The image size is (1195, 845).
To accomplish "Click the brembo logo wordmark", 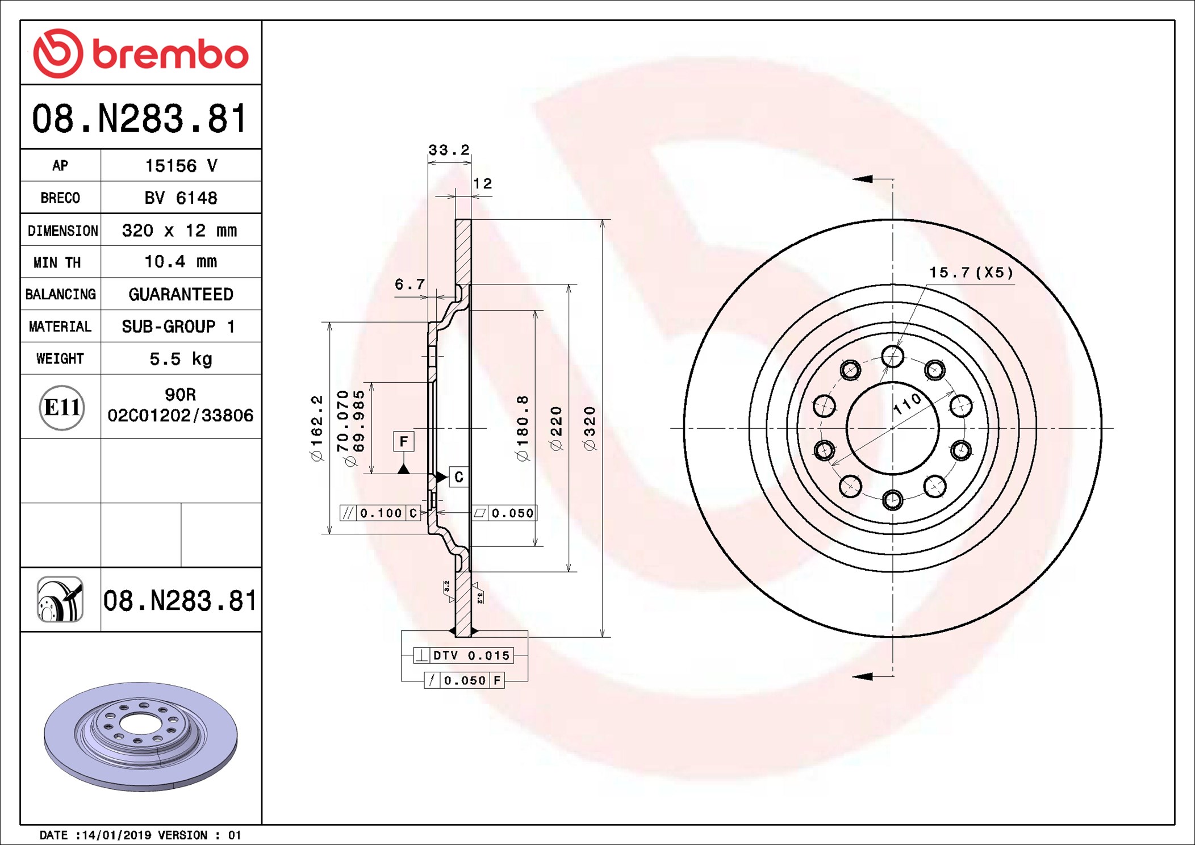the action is [170, 55].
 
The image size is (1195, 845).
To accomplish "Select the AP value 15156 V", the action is [181, 166].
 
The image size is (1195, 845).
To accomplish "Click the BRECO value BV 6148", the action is [181, 198].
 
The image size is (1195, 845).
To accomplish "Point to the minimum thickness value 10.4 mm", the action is [181, 262].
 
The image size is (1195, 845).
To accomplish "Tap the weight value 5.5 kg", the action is [181, 359].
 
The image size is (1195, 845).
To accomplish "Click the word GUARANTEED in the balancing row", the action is [181, 294].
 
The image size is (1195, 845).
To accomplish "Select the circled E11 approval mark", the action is [62, 407].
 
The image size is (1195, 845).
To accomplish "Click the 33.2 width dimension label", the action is [449, 150].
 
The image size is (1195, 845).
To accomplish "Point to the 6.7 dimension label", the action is [410, 284].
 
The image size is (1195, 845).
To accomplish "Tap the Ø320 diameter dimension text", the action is [590, 429].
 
